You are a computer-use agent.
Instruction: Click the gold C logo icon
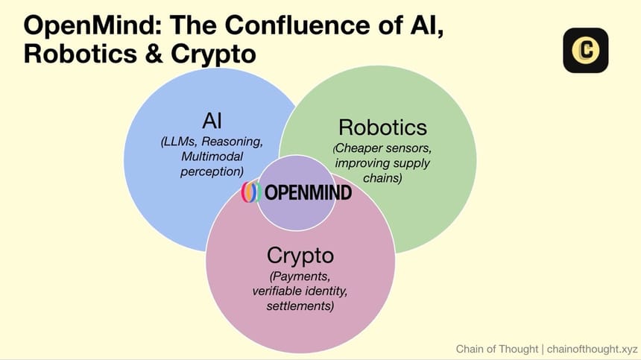click(586, 50)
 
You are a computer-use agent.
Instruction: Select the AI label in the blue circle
click(212, 121)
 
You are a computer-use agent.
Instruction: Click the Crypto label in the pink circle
click(300, 256)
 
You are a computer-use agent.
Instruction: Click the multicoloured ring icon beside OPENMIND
click(251, 192)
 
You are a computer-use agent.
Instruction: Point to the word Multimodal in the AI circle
click(212, 157)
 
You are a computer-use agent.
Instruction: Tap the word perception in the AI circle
click(212, 171)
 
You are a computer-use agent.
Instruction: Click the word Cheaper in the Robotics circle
click(359, 148)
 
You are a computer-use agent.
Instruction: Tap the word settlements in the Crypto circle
click(301, 306)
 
